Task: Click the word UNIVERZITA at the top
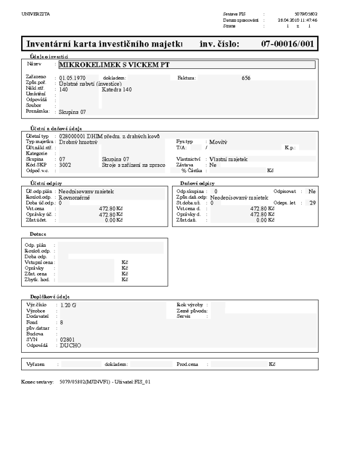pos(32,14)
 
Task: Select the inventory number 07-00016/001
pos(286,44)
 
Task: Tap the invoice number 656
pos(246,78)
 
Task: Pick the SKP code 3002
pos(66,165)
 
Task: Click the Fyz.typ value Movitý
pos(218,142)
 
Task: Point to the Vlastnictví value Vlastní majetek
pos(229,159)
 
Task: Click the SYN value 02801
pos(67,339)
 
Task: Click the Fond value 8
pos(62,322)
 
